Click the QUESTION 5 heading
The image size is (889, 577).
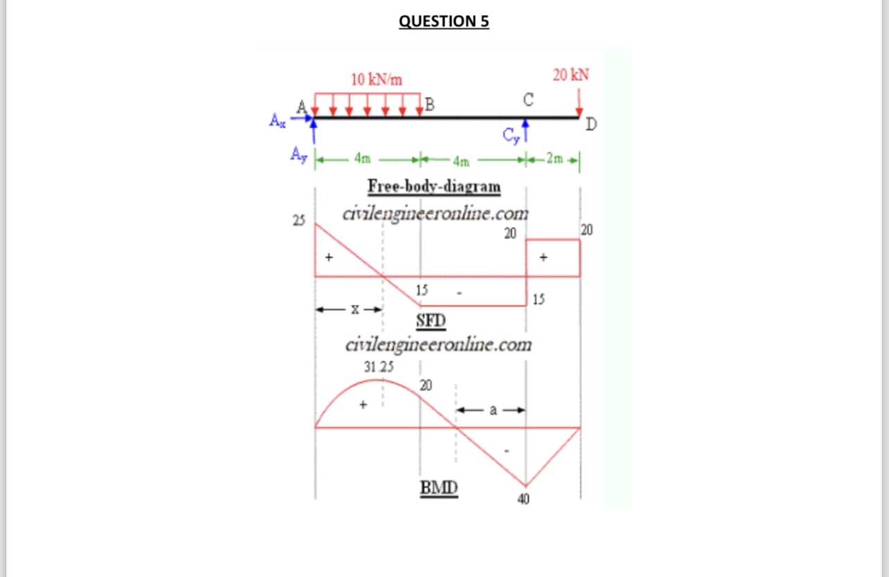click(444, 21)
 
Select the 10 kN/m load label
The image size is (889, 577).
click(376, 80)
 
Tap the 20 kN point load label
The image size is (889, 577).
click(571, 75)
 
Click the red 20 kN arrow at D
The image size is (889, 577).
click(579, 102)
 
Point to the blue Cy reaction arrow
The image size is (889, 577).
click(526, 131)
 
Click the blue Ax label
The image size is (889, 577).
click(277, 120)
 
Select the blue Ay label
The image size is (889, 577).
click(298, 155)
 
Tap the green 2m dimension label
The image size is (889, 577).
click(555, 158)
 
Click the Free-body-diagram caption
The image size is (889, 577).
click(434, 186)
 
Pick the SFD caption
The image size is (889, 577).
click(431, 320)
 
